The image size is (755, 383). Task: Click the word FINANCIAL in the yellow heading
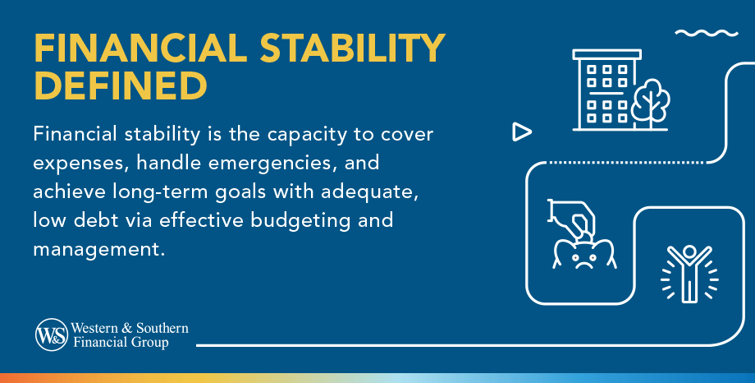(x=140, y=48)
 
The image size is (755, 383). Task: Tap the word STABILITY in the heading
(x=352, y=48)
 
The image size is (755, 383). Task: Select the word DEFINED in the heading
(x=121, y=85)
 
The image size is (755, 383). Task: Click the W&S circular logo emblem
(x=52, y=335)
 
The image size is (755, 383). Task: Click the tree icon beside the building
(x=650, y=104)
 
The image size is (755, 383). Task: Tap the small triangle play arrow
(x=521, y=132)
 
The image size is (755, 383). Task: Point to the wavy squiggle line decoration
(x=707, y=33)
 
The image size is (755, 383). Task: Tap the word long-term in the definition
(x=161, y=192)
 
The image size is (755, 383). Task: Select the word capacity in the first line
(x=307, y=135)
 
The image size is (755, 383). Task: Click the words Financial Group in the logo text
(x=121, y=343)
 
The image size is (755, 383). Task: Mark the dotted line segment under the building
(x=627, y=163)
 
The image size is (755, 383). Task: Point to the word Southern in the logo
(x=162, y=328)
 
